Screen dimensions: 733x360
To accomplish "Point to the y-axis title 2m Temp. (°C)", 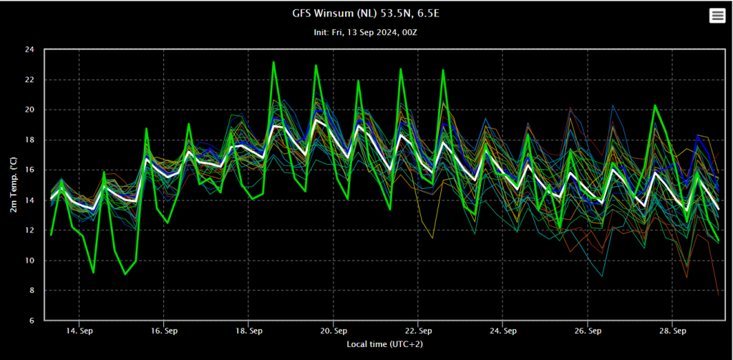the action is click(14, 185).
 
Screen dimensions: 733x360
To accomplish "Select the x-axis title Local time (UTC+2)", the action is click(387, 344).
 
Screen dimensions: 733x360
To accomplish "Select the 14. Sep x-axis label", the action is click(79, 331).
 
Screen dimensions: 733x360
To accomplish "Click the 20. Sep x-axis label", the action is click(333, 331).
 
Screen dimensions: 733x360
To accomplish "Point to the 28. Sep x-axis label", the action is click(672, 331).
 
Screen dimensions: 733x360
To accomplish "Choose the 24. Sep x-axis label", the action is click(503, 331).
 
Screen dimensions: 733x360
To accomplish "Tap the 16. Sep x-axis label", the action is click(164, 331).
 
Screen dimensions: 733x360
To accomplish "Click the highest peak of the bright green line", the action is click(273, 62).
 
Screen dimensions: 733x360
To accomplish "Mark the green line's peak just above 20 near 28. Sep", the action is click(655, 105).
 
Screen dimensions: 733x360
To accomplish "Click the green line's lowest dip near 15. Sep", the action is click(125, 274).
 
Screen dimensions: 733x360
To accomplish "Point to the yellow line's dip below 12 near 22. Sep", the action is click(432, 238).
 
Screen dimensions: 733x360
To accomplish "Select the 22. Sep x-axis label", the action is click(418, 331).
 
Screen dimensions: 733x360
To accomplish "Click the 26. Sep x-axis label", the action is click(588, 331).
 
